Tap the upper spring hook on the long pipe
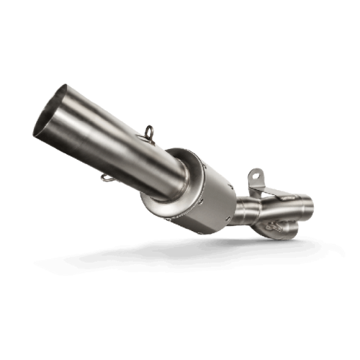(x=149, y=132)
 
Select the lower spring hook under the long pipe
(x=106, y=177)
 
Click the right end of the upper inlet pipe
(x=310, y=206)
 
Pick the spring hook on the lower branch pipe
(x=271, y=226)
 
